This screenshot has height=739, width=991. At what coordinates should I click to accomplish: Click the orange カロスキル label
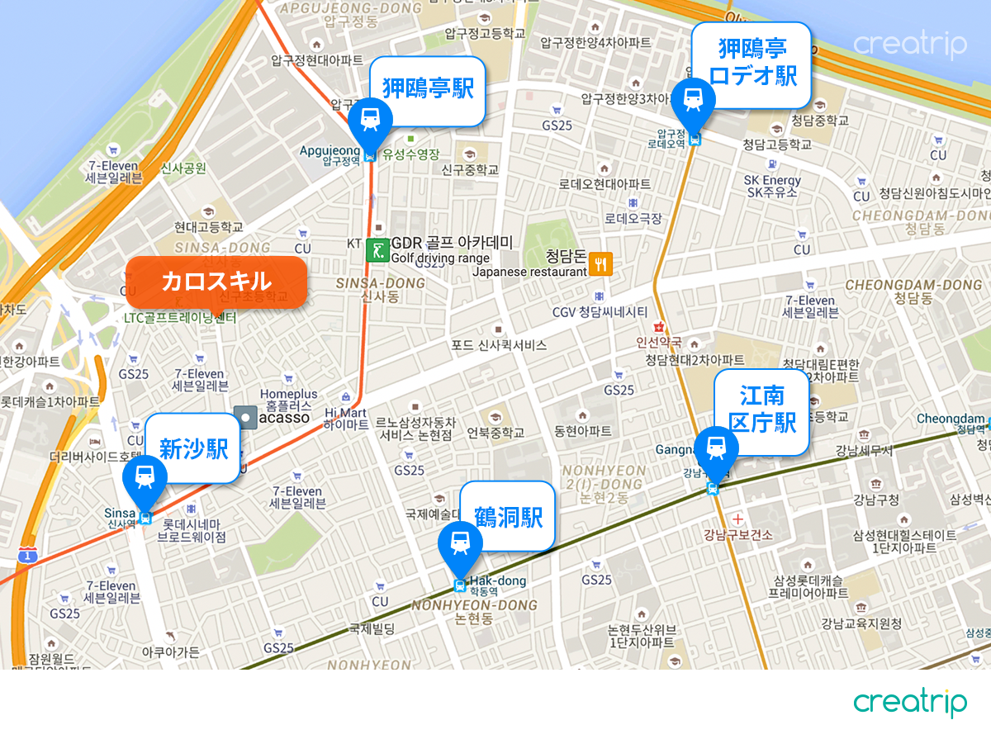(x=216, y=282)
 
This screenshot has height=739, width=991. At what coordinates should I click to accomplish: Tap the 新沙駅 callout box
(x=193, y=448)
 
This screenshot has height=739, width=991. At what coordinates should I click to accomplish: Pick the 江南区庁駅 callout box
(x=762, y=410)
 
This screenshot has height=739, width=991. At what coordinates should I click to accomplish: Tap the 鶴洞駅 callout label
(x=508, y=517)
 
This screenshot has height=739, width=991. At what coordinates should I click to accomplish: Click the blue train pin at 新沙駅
(x=145, y=476)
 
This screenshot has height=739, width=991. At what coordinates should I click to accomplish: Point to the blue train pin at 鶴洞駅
(x=461, y=543)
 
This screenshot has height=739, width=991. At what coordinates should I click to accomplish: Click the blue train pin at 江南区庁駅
(x=716, y=448)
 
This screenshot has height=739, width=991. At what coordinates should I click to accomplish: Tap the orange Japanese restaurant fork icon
(x=601, y=264)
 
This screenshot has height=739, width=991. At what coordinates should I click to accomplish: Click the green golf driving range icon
(x=377, y=249)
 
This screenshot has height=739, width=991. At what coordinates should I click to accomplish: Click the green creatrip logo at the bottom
(x=909, y=703)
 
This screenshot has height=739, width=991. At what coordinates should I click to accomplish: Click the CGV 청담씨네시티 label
(x=600, y=312)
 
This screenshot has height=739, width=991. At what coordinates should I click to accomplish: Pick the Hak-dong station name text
(x=498, y=581)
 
